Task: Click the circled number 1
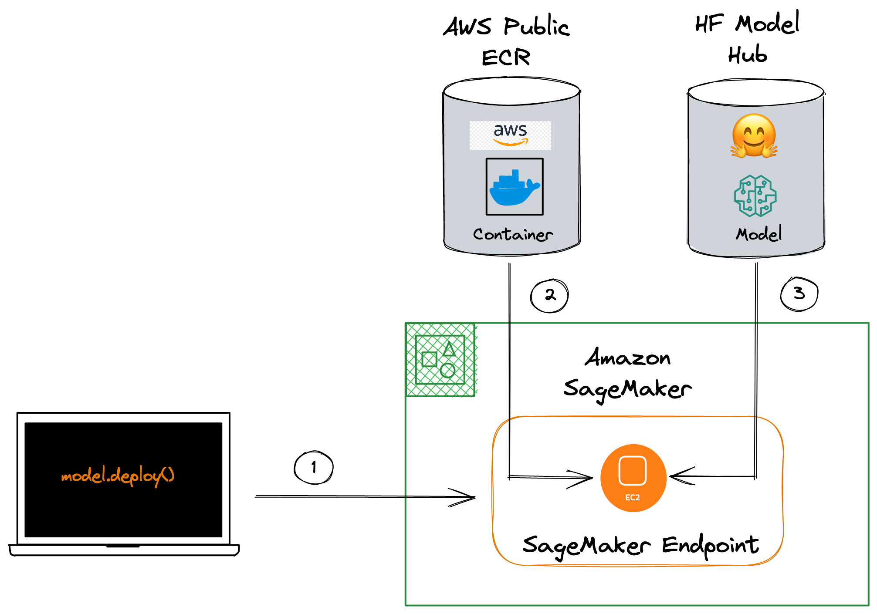(314, 467)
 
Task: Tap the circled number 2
(549, 296)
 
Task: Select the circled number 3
(799, 294)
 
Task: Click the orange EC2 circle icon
(633, 478)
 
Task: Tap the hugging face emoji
(754, 136)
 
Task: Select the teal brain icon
(755, 196)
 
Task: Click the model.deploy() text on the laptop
(118, 476)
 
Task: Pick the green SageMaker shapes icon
(440, 360)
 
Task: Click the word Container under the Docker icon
(513, 235)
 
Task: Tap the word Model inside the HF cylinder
(758, 234)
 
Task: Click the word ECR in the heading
(506, 57)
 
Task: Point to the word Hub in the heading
(748, 55)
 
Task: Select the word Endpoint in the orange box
(710, 546)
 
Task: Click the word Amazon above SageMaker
(627, 358)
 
